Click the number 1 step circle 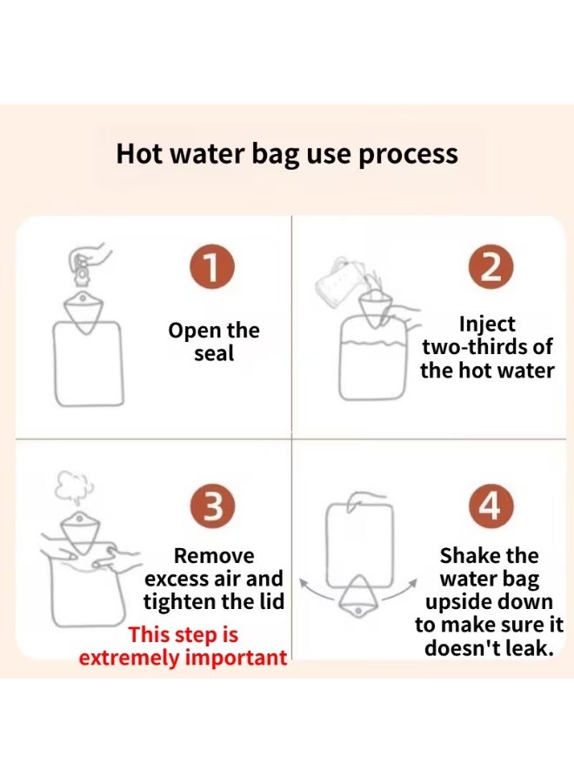(212, 267)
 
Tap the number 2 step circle (491, 267)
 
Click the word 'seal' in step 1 (214, 353)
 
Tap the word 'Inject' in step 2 (487, 325)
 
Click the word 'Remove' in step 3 (214, 556)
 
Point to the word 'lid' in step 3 (271, 601)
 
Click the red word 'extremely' (130, 658)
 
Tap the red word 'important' (236, 659)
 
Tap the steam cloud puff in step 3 (74, 485)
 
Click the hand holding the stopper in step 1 (90, 256)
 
